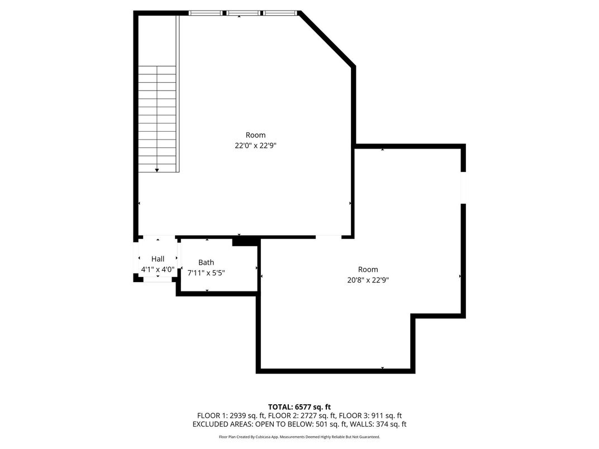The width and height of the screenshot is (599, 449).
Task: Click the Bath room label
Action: (x=206, y=262)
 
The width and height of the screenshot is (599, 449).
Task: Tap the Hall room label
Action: (x=158, y=259)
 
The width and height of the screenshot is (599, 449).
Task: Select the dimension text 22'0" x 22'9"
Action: (x=255, y=146)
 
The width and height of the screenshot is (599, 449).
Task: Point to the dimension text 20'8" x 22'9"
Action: (x=368, y=280)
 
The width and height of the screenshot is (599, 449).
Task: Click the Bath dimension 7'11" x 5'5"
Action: (x=206, y=273)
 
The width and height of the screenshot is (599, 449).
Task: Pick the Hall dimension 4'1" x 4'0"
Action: (x=158, y=269)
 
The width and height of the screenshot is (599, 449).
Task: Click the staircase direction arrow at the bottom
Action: (x=157, y=170)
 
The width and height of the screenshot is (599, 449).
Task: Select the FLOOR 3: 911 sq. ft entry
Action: (x=372, y=415)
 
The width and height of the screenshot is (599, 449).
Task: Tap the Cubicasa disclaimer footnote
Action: (x=299, y=437)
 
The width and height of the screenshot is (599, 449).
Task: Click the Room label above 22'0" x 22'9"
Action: (x=255, y=135)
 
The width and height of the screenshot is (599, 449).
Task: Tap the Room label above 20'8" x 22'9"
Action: (x=368, y=270)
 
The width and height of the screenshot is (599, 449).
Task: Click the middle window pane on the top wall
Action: (x=243, y=12)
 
